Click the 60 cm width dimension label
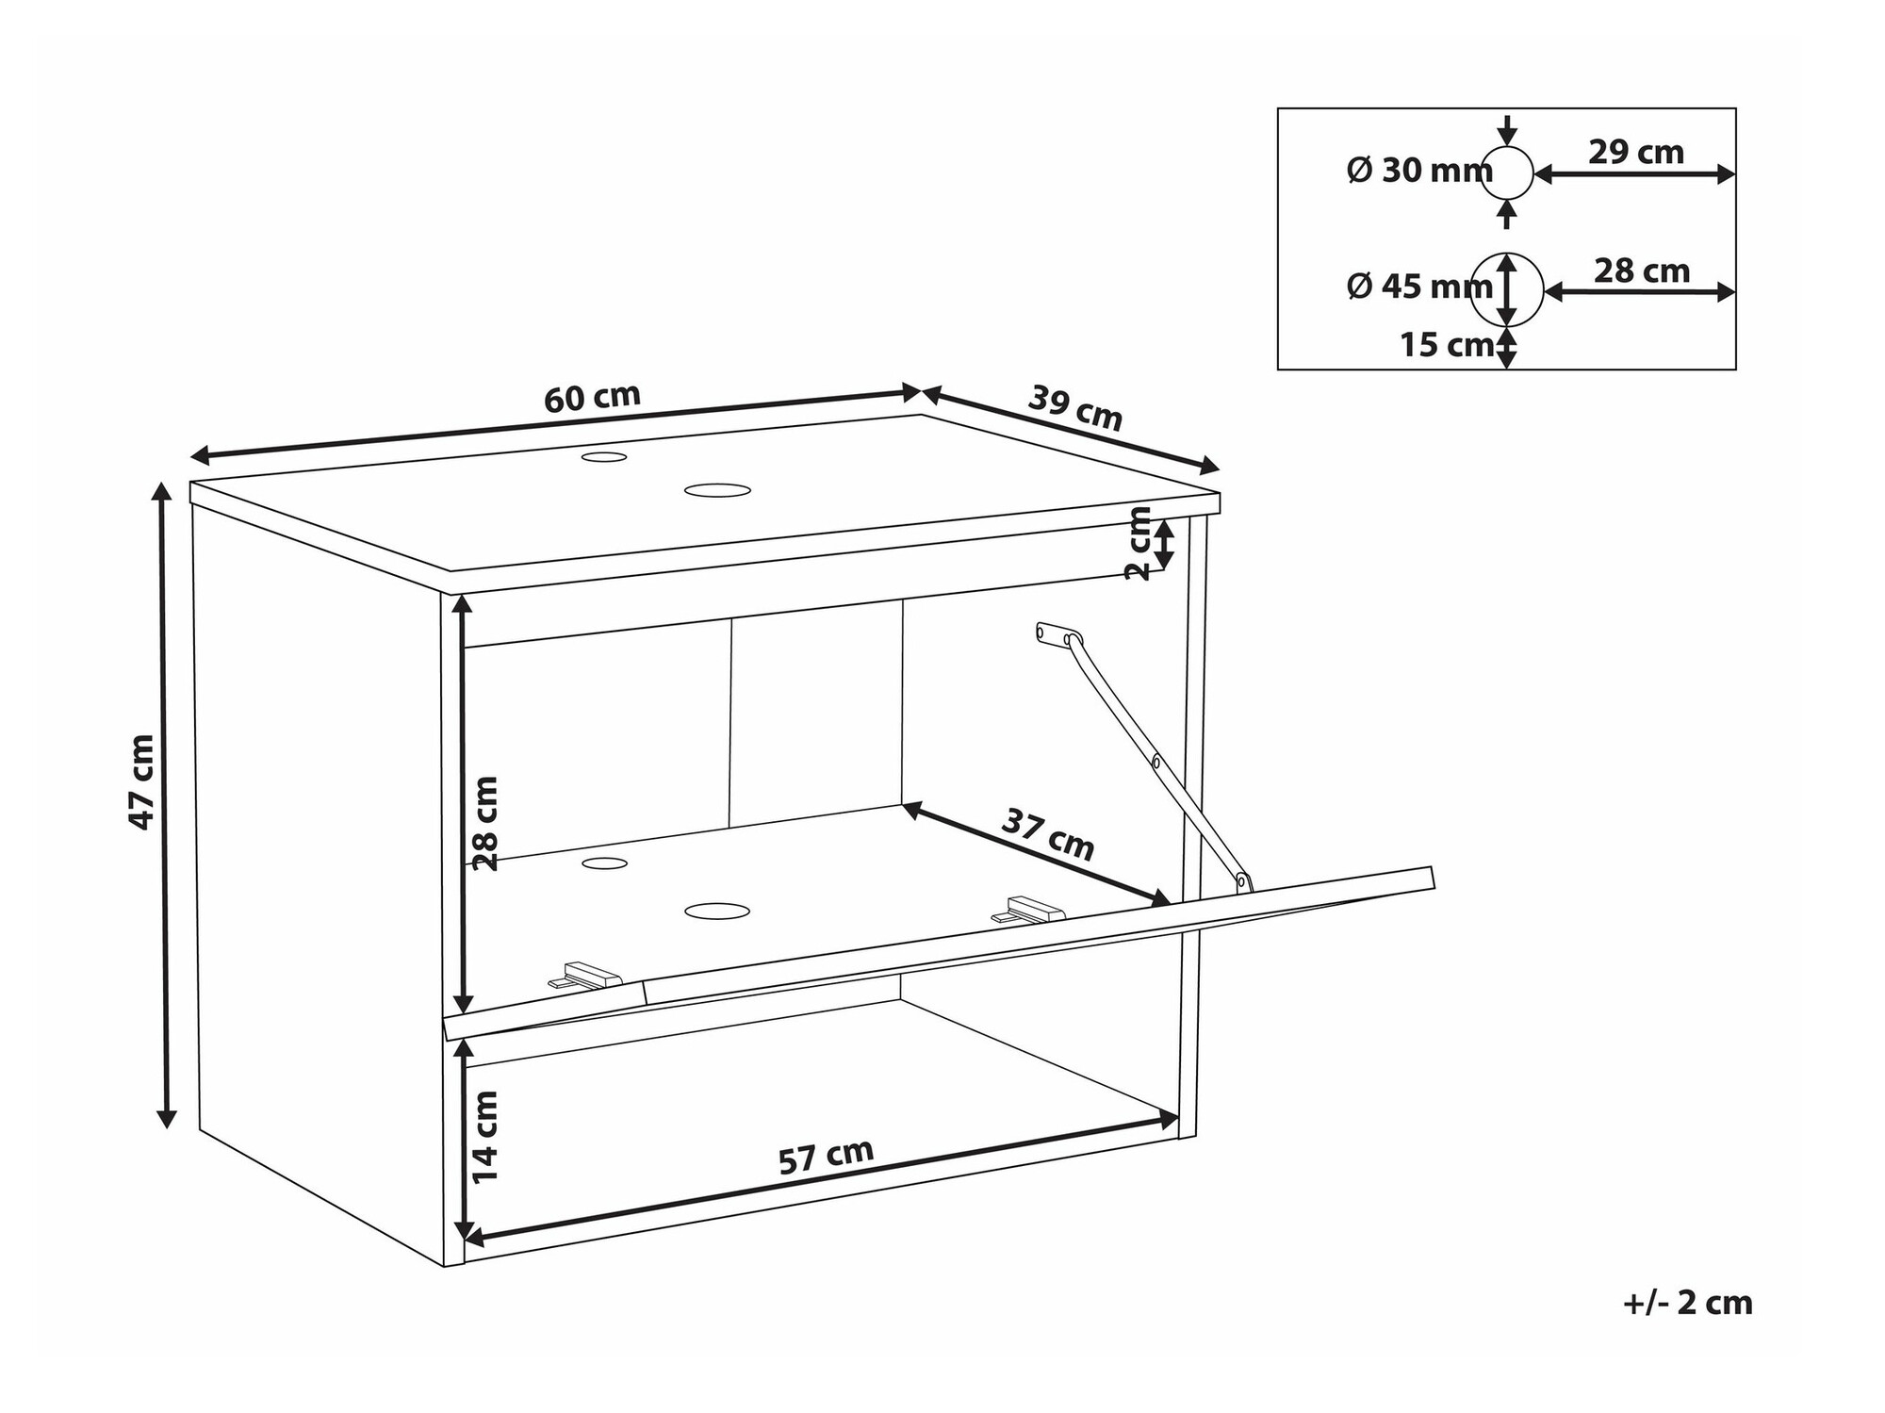click(592, 398)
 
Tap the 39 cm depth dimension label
click(1074, 409)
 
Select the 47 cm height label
click(141, 781)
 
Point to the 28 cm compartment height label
click(484, 823)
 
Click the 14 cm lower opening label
click(484, 1136)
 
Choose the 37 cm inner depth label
click(1047, 835)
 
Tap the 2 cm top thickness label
click(1139, 543)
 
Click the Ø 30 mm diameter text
click(1418, 171)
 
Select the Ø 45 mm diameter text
click(1418, 286)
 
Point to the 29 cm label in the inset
click(1635, 152)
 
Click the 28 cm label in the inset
click(1641, 271)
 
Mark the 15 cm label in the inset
click(1446, 345)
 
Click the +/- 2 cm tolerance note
click(1687, 1303)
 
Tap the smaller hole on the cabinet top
click(604, 457)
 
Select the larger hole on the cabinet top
click(717, 490)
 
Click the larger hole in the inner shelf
click(717, 911)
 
